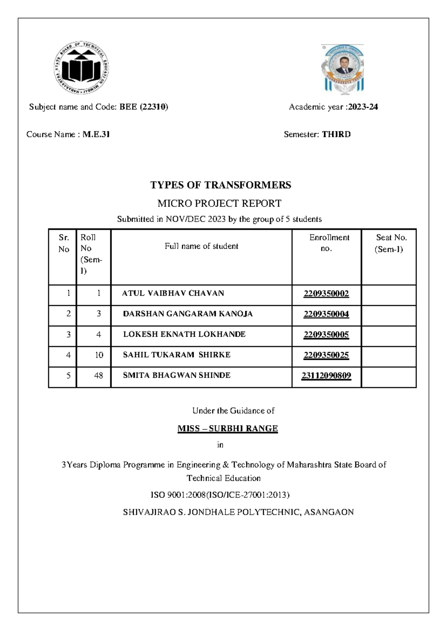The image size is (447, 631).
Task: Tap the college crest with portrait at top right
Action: click(343, 70)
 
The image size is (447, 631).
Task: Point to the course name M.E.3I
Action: click(96, 134)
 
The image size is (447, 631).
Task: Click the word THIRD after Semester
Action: click(336, 134)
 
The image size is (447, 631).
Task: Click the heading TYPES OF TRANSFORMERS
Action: click(221, 185)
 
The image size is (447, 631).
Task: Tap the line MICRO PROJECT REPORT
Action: click(219, 203)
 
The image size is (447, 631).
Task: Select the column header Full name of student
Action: click(201, 246)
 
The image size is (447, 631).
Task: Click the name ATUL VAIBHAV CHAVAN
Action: click(173, 293)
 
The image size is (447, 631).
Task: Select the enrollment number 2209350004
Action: click(326, 314)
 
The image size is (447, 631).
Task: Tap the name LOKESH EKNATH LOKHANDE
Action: click(184, 334)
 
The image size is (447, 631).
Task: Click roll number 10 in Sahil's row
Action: click(99, 355)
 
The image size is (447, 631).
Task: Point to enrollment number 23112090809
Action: click(326, 375)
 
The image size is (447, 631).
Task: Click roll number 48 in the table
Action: click(98, 375)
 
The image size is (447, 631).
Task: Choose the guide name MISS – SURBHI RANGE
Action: click(228, 428)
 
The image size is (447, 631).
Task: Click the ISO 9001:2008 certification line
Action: click(220, 495)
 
